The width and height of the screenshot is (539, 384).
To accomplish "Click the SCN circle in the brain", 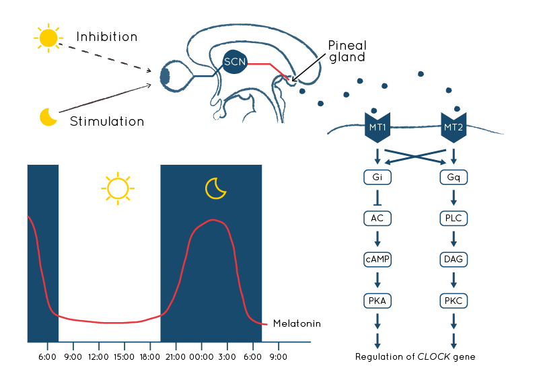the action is [235, 62].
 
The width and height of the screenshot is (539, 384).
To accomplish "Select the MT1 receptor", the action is [378, 127].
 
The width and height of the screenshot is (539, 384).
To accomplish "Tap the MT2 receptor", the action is [454, 127].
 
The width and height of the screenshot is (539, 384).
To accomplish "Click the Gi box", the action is [378, 177].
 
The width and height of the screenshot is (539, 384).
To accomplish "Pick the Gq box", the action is [454, 177].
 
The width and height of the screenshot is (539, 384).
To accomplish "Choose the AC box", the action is [378, 218].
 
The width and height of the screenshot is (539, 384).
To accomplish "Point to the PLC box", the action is [454, 218].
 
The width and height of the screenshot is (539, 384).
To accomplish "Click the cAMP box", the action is [378, 260].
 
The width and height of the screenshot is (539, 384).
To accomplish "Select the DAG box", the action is [454, 260].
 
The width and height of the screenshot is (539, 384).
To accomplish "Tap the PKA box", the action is [378, 301].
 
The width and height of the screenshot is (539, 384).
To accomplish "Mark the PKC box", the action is [454, 301].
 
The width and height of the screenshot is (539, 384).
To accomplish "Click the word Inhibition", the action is [107, 37].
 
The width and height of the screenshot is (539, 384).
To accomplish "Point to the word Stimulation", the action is [107, 121].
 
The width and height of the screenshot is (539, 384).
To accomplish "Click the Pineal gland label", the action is [347, 51].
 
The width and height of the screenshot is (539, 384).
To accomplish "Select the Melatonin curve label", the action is [297, 323].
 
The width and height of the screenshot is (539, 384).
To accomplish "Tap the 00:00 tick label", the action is [201, 357].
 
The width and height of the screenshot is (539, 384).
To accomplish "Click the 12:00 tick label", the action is [99, 357].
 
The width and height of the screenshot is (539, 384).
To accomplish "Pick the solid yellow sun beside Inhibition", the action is [48, 38].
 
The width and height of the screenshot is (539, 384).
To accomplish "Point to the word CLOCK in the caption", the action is [433, 356].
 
